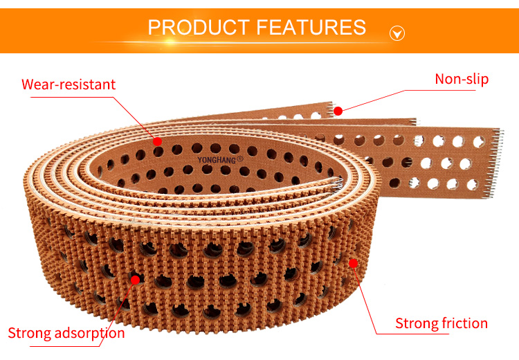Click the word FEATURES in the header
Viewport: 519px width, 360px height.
click(x=311, y=28)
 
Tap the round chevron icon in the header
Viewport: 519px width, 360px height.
click(x=397, y=33)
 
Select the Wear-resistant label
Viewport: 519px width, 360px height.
click(x=69, y=85)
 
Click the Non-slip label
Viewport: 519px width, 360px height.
click(x=462, y=79)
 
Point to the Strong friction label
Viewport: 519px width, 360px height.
click(x=441, y=323)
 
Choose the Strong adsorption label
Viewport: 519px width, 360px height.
click(x=66, y=333)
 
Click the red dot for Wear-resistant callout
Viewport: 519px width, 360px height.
click(x=158, y=141)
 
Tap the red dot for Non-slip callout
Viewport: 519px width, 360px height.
click(x=338, y=111)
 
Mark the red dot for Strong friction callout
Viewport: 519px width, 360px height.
click(x=354, y=263)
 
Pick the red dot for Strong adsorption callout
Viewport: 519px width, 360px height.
click(x=135, y=280)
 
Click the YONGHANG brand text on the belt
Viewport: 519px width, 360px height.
click(x=217, y=159)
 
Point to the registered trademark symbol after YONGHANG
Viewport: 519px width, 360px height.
click(x=241, y=159)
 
